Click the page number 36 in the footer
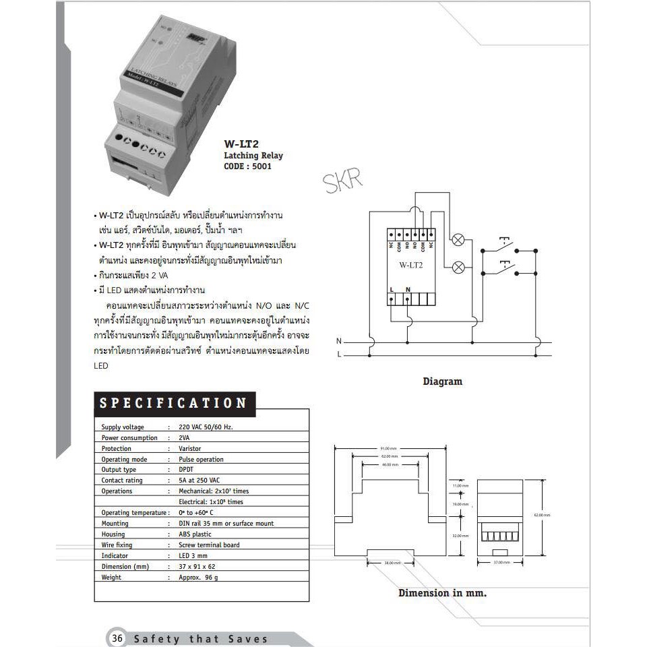click(x=117, y=638)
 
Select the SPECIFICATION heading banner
click(x=173, y=403)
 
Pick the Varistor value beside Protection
click(x=190, y=448)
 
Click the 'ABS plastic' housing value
click(x=195, y=534)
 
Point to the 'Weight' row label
click(x=111, y=577)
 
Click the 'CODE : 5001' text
click(x=247, y=166)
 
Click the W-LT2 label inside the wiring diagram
click(x=411, y=265)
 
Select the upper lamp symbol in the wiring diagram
click(x=458, y=239)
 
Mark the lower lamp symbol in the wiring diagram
click(x=458, y=267)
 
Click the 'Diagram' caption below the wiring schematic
click(x=442, y=381)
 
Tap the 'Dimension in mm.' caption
click(x=442, y=593)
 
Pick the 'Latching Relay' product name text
click(x=253, y=155)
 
